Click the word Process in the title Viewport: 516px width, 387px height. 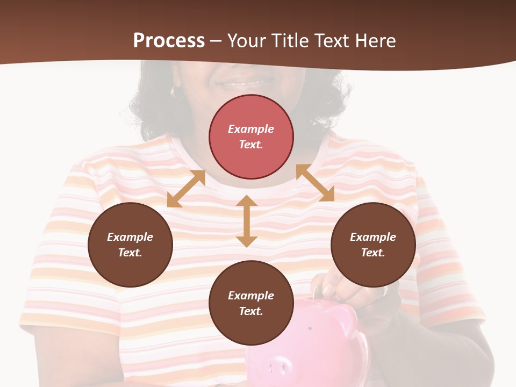[169, 41]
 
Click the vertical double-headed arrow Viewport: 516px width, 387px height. [246, 221]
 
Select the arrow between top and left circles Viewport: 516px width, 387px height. [187, 189]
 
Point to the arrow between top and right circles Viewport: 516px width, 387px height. [315, 183]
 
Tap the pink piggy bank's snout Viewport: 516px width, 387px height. [276, 368]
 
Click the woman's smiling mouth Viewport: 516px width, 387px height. [247, 83]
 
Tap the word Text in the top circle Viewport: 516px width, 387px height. [251, 145]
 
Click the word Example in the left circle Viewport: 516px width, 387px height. [130, 237]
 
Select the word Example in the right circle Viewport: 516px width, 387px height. [373, 237]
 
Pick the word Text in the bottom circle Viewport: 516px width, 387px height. [251, 311]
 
